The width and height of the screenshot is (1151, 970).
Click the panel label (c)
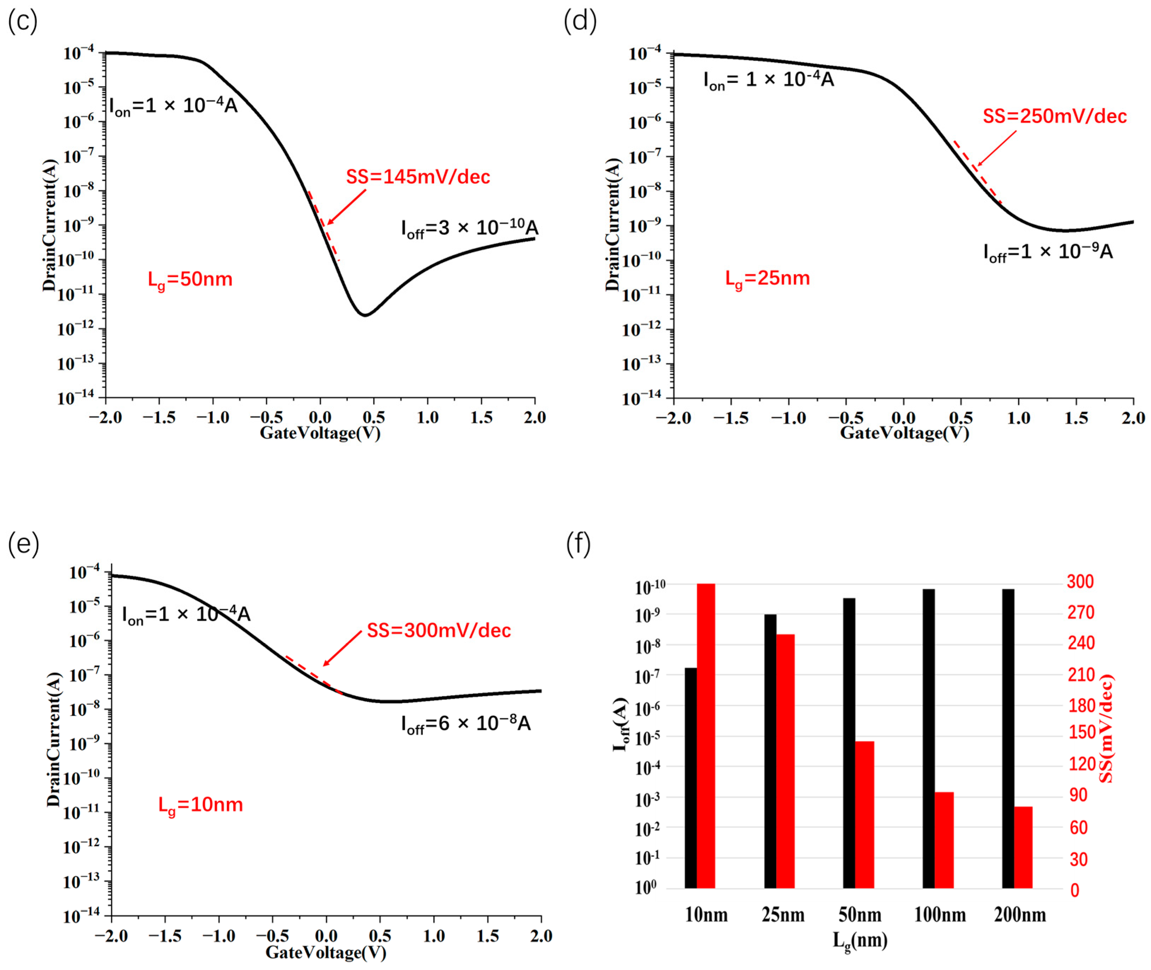[x=23, y=22]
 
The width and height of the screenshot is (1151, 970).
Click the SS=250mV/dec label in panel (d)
[x=1054, y=116]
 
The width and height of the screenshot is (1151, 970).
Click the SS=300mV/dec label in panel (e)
[x=439, y=630]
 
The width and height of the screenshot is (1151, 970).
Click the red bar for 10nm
[x=706, y=737]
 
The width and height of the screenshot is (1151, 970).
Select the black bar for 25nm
[x=770, y=752]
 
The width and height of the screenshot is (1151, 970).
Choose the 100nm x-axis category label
[x=939, y=915]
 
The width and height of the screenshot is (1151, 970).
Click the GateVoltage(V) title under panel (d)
[x=904, y=433]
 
